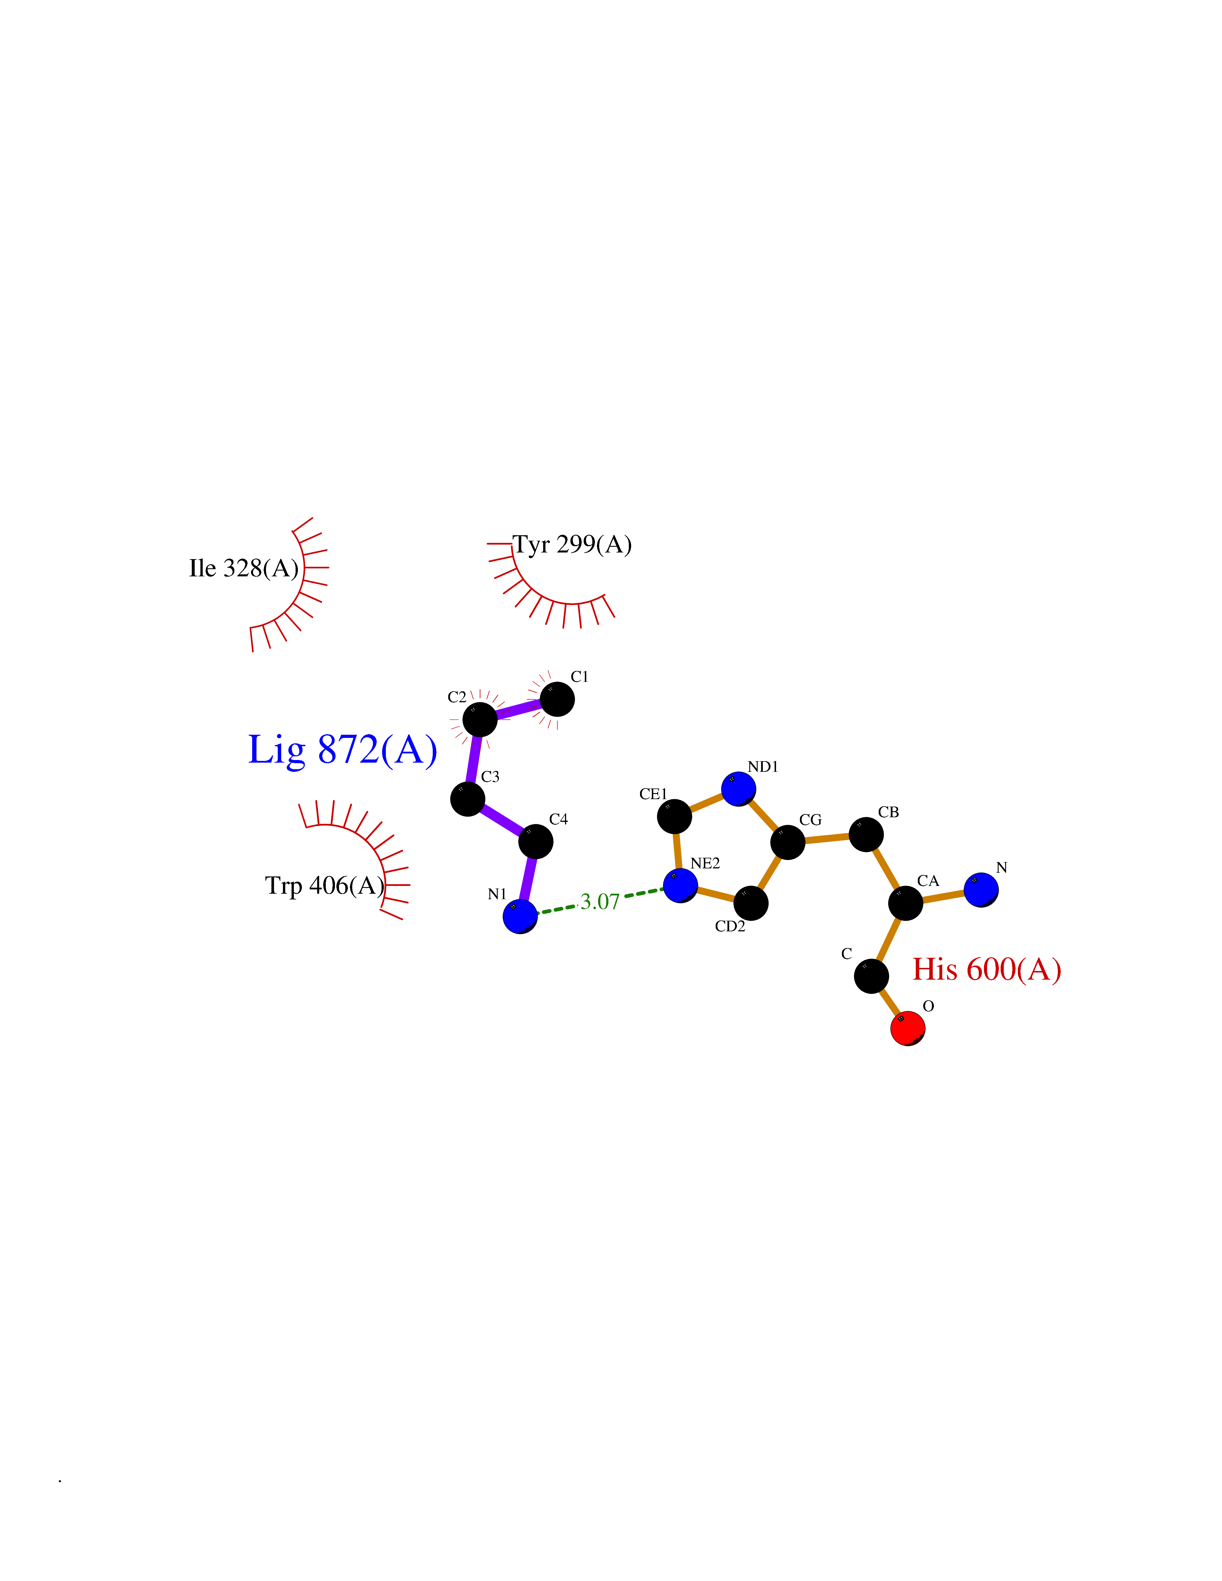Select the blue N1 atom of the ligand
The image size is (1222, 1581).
point(520,916)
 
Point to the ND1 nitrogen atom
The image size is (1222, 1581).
point(738,788)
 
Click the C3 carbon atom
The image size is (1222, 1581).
point(468,799)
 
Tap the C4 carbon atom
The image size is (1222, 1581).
point(536,841)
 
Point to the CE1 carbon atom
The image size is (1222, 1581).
point(674,817)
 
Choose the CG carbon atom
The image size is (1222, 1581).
point(788,842)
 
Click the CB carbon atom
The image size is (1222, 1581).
point(866,835)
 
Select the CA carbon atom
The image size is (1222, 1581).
point(906,903)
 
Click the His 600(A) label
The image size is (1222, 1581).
point(987,969)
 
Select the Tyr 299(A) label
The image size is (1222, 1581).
point(572,544)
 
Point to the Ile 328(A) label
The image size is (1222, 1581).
point(244,568)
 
